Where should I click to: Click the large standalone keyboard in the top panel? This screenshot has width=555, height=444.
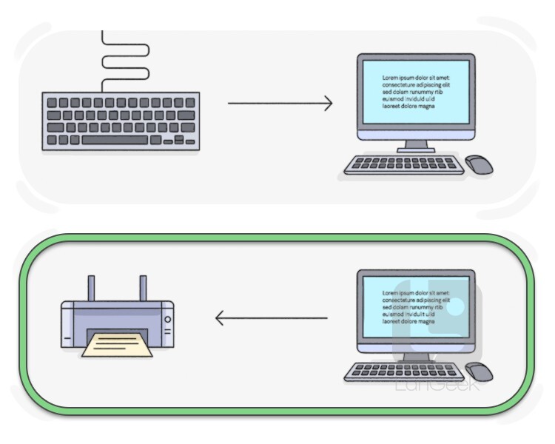121,121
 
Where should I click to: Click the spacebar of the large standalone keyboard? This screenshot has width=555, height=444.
115,140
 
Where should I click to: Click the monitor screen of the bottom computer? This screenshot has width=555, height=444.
415,309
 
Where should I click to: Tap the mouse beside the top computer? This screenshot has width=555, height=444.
479,164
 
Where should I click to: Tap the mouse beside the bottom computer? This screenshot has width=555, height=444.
479,371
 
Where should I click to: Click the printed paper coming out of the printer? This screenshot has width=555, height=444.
118,344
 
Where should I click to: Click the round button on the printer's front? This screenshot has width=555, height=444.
167,320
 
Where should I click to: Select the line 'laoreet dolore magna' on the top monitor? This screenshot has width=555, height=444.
408,107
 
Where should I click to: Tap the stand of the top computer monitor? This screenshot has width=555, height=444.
416,147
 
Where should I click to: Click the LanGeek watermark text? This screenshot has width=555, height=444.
437,384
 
